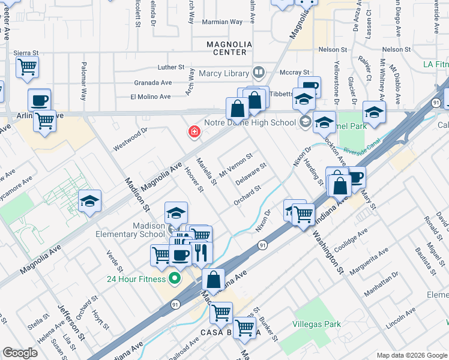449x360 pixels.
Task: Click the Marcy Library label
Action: click(x=224, y=74)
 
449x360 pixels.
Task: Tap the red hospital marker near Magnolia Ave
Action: click(x=194, y=132)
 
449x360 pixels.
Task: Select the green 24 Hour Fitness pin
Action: click(x=175, y=278)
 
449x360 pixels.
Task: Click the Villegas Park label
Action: click(x=316, y=324)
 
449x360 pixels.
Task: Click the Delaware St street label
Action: click(x=250, y=175)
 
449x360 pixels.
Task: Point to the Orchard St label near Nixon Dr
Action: click(x=247, y=196)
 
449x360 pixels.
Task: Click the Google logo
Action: click(x=20, y=353)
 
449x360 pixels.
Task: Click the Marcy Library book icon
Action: click(x=259, y=73)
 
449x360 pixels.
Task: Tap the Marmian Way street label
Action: click(x=223, y=22)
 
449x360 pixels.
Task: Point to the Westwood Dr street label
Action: click(x=130, y=139)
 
